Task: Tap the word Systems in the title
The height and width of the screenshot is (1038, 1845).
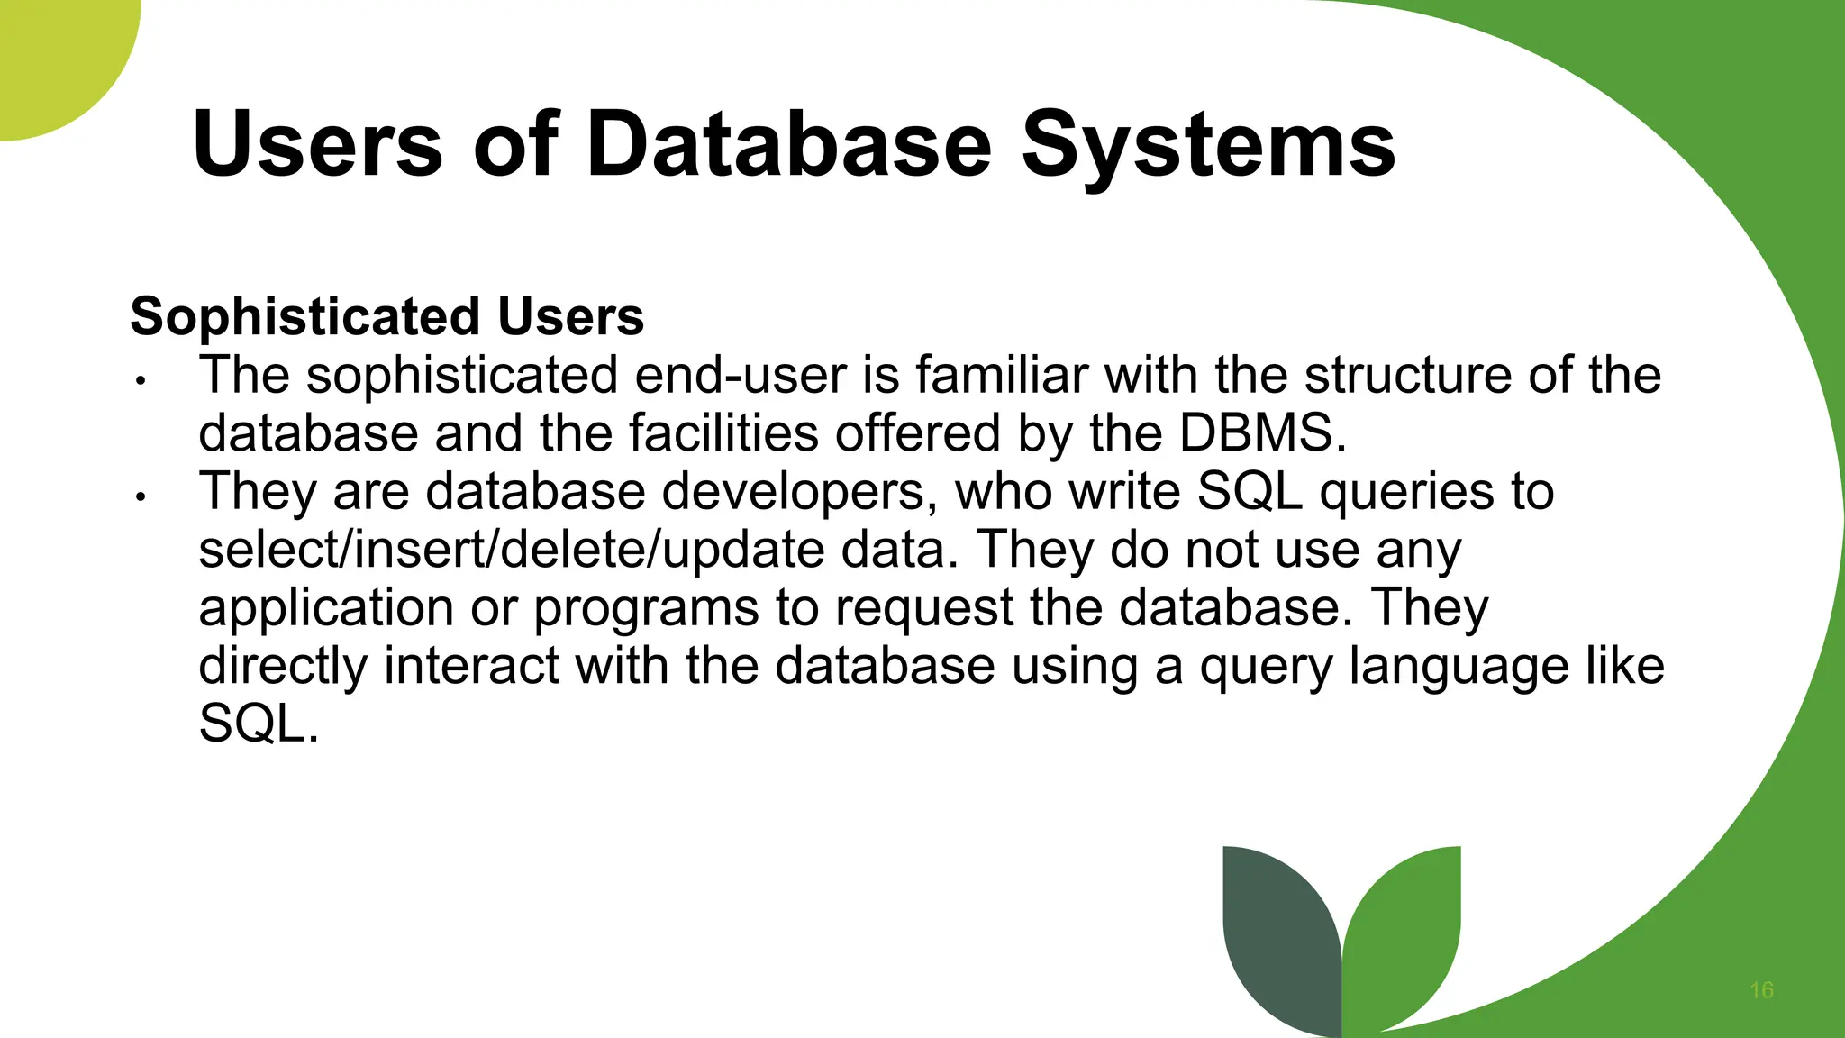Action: click(1208, 144)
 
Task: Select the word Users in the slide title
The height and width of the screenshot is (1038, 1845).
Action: click(317, 144)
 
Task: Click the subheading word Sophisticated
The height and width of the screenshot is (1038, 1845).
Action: click(304, 317)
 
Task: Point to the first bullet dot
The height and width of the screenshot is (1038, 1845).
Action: click(140, 381)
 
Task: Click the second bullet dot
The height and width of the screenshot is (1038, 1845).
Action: click(140, 497)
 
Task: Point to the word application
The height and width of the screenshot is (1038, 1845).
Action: click(326, 608)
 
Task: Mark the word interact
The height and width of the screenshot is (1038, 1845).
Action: click(471, 667)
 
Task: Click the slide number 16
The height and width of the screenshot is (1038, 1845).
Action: click(1761, 990)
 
